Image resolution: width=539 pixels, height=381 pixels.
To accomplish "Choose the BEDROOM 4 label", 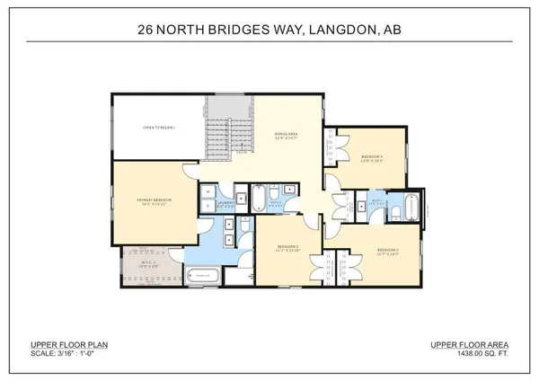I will (x=370, y=158).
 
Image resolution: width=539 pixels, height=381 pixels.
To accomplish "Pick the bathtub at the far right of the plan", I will (x=412, y=206).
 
